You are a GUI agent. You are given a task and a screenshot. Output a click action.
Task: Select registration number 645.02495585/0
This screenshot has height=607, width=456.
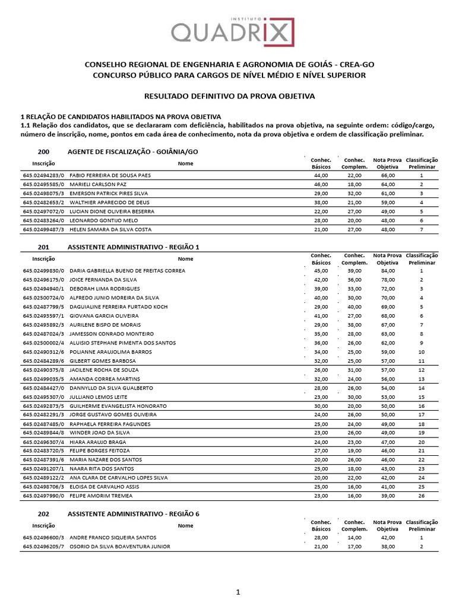[x=43, y=184]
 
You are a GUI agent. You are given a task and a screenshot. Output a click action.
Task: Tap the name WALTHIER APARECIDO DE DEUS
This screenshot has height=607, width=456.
[x=110, y=202]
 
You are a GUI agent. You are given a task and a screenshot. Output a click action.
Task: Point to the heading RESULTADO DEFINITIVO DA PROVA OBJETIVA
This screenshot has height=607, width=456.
[x=230, y=95]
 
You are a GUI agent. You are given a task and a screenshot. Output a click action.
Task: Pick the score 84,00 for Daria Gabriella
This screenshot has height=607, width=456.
[x=388, y=270]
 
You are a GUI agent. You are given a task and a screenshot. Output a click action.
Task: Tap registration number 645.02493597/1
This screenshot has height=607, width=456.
[x=43, y=315]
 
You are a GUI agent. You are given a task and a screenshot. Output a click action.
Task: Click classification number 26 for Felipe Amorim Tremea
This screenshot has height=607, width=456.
[x=421, y=496]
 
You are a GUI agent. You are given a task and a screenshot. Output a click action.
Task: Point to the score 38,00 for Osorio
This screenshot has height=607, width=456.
[x=388, y=546]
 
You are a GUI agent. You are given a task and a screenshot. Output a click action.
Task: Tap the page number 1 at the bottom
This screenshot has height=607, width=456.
[x=237, y=592]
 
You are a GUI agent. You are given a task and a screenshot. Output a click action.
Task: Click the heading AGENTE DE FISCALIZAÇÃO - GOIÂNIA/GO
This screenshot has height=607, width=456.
[x=133, y=152]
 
